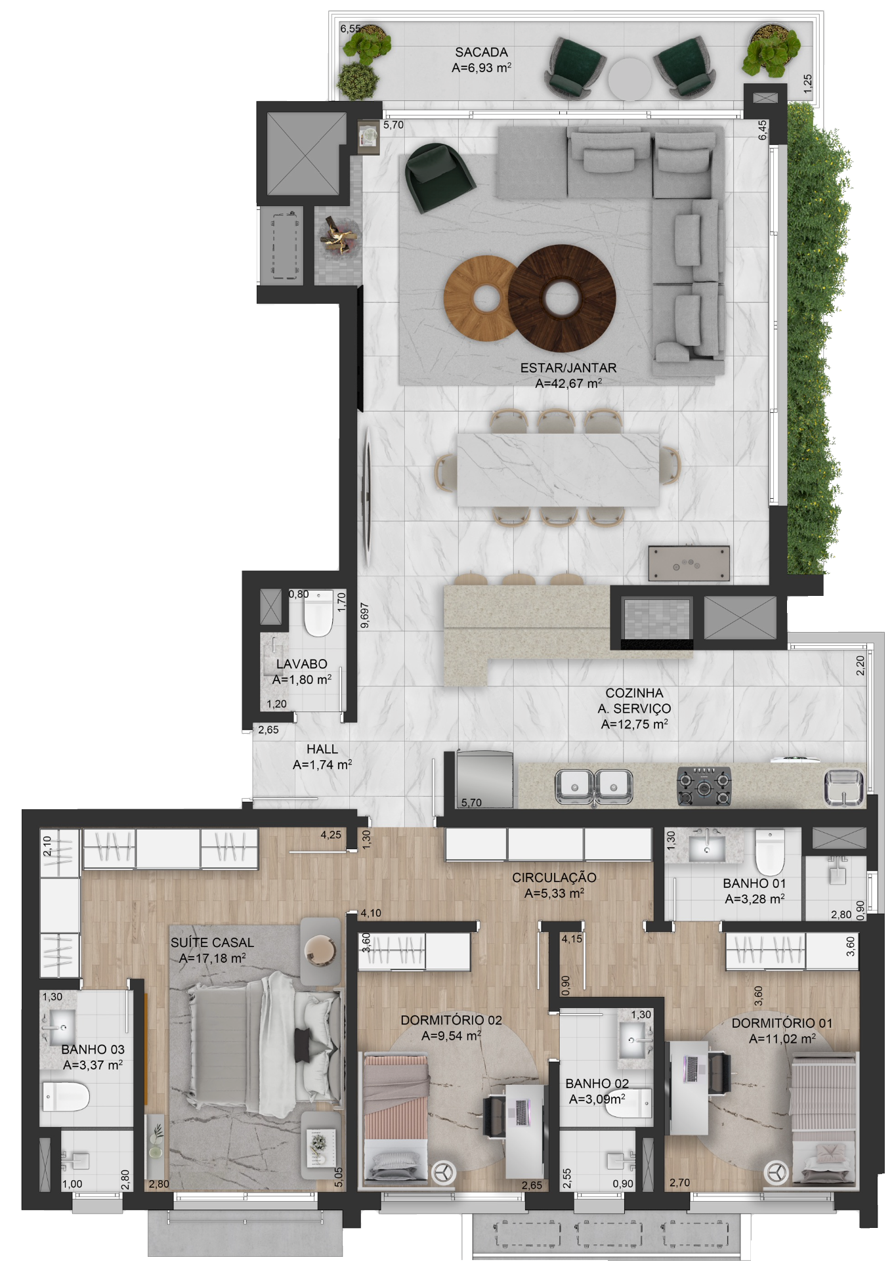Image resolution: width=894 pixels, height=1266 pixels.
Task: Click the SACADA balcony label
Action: pyautogui.click(x=481, y=53)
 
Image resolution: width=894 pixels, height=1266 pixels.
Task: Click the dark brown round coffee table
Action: pyautogui.click(x=562, y=299)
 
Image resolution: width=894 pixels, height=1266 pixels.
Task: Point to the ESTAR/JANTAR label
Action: pyautogui.click(x=568, y=368)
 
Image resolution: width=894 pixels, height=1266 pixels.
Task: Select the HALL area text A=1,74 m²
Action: pyautogui.click(x=322, y=765)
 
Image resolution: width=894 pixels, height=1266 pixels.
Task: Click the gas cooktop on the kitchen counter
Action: pyautogui.click(x=704, y=786)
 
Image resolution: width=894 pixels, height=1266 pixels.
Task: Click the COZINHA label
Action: pyautogui.click(x=633, y=693)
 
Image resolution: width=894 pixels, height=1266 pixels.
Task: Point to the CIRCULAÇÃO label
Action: pyautogui.click(x=554, y=877)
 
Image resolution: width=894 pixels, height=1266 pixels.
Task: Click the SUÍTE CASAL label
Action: pyautogui.click(x=212, y=942)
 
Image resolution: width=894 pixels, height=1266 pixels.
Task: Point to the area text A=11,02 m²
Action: pyautogui.click(x=782, y=1039)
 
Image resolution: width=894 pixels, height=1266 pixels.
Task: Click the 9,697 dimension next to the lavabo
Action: pyautogui.click(x=364, y=616)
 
